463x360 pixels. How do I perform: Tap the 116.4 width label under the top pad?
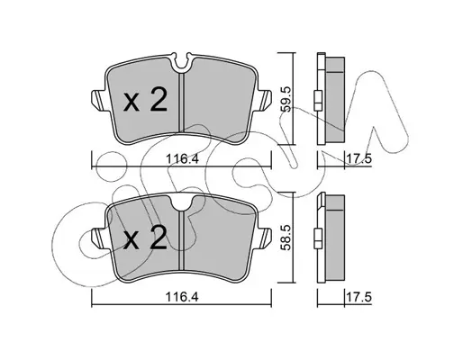[183, 158]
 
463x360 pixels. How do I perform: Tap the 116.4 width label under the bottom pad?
[183, 297]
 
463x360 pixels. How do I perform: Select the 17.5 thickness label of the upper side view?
[359, 158]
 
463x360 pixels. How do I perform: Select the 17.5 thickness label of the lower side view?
[359, 297]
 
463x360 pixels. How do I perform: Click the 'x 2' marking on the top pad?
[145, 101]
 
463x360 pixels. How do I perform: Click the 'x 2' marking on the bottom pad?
[145, 238]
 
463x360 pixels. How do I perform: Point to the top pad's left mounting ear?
[98, 100]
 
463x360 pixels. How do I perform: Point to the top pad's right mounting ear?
[265, 100]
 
